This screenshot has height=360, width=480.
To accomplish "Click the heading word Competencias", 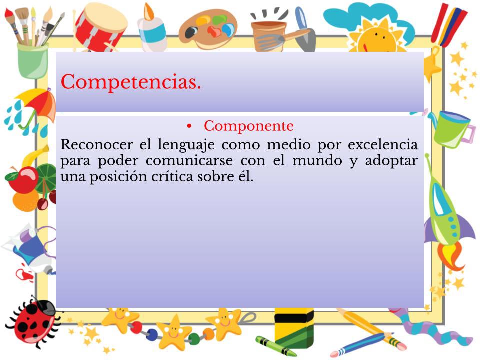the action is click(x=131, y=82).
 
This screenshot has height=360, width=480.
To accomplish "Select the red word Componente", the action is click(x=249, y=126).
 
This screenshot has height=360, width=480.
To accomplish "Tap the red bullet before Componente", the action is click(x=189, y=126).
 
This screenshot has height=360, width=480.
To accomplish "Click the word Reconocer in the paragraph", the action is click(x=96, y=144).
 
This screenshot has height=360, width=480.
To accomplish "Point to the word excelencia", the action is click(x=383, y=144).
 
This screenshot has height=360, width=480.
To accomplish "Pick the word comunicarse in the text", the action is click(x=189, y=161).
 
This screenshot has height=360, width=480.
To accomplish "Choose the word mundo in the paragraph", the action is click(x=317, y=161).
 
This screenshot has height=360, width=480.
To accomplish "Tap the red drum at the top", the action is click(x=100, y=26).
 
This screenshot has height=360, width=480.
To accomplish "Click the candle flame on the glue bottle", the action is click(x=149, y=12).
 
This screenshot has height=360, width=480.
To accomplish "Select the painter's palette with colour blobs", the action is click(x=208, y=29).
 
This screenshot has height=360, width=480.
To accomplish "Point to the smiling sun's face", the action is click(x=377, y=38).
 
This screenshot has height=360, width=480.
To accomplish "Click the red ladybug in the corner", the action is click(x=33, y=321).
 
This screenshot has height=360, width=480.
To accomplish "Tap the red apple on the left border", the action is click(x=23, y=180).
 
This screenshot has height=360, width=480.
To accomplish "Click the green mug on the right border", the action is click(x=453, y=129).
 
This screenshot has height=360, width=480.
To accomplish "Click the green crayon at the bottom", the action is click(x=275, y=346).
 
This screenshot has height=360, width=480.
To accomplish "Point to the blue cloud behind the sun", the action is click(x=367, y=19).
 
